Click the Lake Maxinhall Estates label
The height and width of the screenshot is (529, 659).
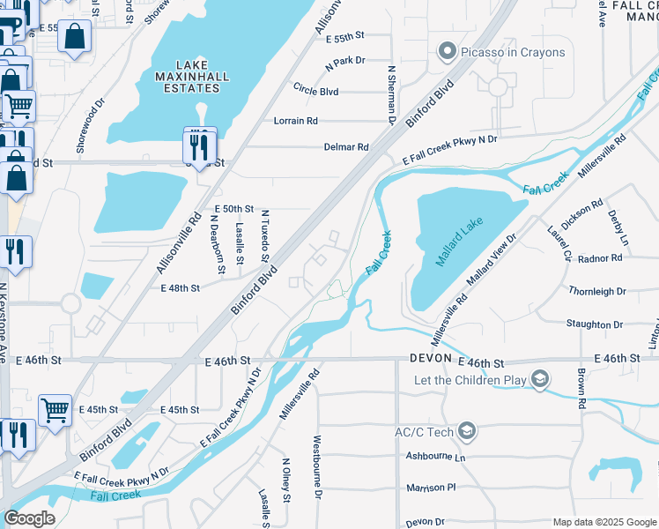coord(202,77)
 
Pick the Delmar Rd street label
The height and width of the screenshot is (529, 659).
coord(345,146)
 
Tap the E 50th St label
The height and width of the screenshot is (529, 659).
coord(234,208)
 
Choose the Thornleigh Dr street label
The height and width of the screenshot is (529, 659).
coord(596,291)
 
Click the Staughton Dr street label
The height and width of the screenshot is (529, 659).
coord(596,324)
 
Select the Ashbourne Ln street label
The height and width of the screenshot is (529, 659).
coord(435,457)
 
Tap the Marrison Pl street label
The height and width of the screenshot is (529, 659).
coord(432,487)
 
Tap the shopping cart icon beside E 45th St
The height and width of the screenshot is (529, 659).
coord(55,409)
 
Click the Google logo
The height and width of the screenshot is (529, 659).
coord(29,518)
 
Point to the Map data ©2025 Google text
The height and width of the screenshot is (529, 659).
coord(603,522)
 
